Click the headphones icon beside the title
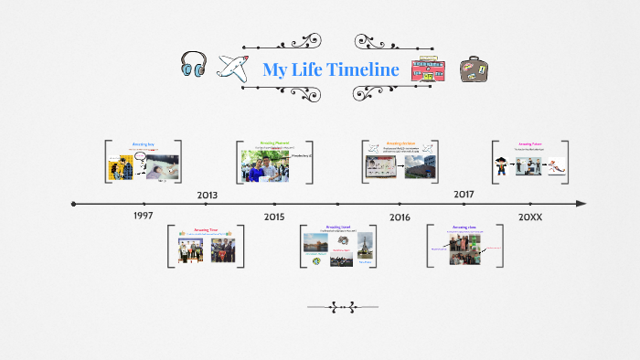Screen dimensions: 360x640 point(194,67)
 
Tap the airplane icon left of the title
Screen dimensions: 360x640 point(234,69)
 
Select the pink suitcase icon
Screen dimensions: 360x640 point(425,70)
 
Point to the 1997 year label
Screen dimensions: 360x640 point(143,216)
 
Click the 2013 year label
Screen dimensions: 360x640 point(208,195)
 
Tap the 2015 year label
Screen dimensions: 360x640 point(274,217)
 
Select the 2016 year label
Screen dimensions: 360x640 point(400,217)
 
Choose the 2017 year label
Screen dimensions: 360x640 point(464,195)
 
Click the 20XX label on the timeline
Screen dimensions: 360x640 point(530,217)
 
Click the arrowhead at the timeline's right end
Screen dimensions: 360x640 point(581,204)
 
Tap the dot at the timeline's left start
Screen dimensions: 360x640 point(74,204)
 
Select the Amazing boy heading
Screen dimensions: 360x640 point(144,144)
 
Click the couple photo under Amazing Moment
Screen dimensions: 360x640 point(264,165)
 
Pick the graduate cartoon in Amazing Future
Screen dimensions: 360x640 point(502,166)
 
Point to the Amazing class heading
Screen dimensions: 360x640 point(464,227)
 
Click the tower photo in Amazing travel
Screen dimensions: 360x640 point(365,247)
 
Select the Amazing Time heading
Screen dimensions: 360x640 point(206,230)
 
